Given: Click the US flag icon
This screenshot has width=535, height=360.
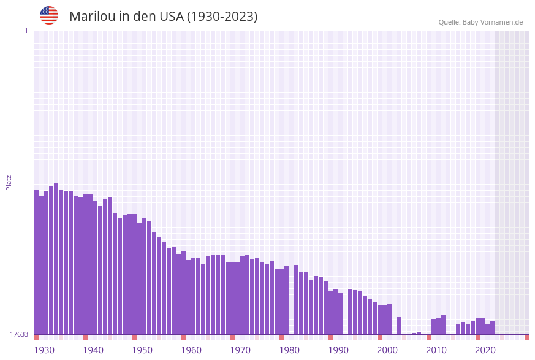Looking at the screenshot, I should coord(49,15).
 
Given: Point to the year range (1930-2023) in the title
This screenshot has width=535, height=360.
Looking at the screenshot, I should coord(222,17).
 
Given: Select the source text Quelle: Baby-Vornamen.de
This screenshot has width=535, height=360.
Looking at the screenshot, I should coord(480,22).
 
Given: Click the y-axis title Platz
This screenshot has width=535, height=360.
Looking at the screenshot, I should coord(9,182).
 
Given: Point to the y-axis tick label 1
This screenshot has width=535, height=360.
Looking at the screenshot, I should coord(26,31).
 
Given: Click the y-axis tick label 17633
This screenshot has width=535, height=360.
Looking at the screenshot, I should coord(18,334).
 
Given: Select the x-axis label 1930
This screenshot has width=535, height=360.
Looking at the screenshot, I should coord(44,350).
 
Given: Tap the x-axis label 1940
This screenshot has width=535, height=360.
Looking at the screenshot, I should coord(93,350).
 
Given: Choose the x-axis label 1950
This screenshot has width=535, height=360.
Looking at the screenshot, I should coord(142,350).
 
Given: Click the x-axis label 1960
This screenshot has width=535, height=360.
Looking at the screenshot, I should coord(191,350).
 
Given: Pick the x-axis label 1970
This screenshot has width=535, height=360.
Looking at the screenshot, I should coord(240,350).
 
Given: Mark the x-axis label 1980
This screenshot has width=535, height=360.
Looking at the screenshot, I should coord(289,350).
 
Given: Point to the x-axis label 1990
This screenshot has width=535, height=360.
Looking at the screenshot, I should coord(338,350).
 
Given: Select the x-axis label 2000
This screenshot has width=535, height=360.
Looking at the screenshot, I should coord(387,350).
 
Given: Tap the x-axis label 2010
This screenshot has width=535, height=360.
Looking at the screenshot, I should coord(436,350).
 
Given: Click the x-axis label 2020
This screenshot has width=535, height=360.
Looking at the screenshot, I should coord(485,350).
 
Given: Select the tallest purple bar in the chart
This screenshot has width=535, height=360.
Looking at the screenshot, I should coord(56,258).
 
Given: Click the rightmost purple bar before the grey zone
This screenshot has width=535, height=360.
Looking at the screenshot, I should coord(492,327).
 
